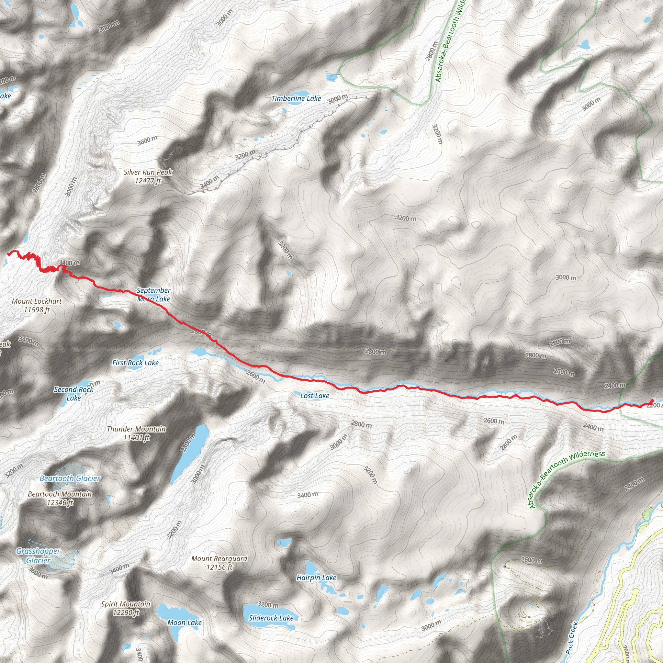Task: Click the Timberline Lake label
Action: [x=296, y=99]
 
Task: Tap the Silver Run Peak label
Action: [x=148, y=176]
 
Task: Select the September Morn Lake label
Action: [x=154, y=295]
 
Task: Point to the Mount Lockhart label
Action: [x=37, y=305]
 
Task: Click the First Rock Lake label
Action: [x=135, y=363]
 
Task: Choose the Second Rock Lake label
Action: [x=73, y=394]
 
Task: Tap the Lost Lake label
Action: [x=315, y=396]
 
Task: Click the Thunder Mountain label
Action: [x=136, y=433]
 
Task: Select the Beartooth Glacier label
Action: [x=70, y=478]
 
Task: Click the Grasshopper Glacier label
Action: [x=38, y=556]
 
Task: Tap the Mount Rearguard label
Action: [x=219, y=563]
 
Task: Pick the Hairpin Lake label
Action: [x=316, y=578]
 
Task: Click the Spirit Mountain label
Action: [x=126, y=608]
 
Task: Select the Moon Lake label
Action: [x=184, y=622]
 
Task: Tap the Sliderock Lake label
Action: [x=271, y=618]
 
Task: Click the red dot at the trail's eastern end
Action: [x=652, y=401]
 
